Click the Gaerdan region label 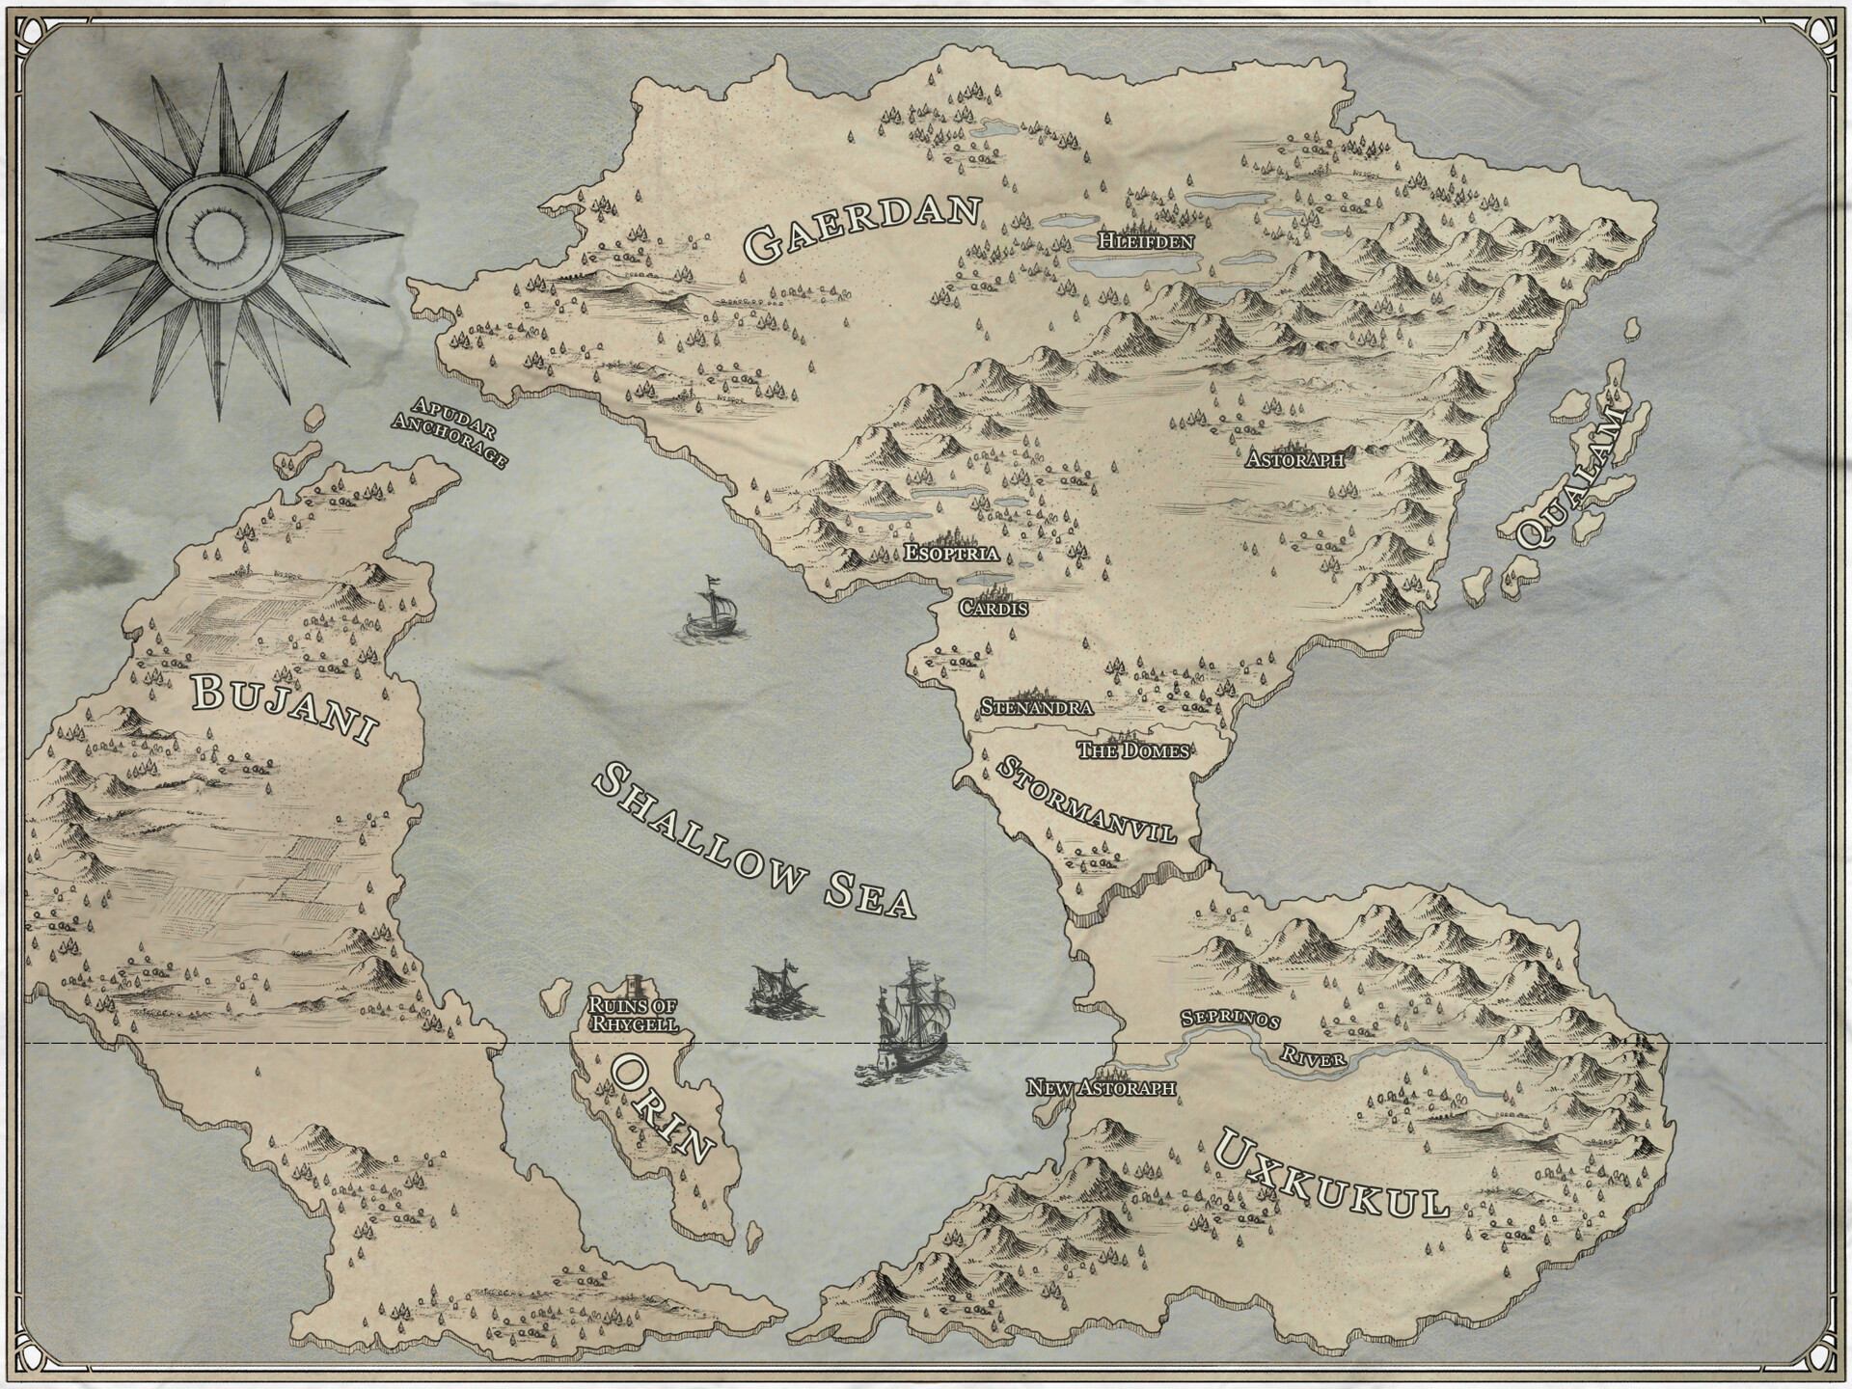coord(863,230)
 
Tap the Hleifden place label coord(1146,241)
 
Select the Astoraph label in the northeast coord(1294,458)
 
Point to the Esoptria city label coord(950,554)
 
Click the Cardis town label coord(993,609)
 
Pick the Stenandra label coord(1036,707)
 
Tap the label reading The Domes coord(1132,750)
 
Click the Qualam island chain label coord(1569,477)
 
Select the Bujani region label coord(282,709)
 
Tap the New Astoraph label coord(1101,1088)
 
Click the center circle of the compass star coord(220,231)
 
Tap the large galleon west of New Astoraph coord(911,1026)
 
